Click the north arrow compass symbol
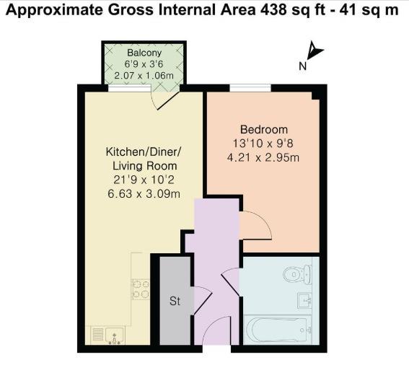[x=315, y=51]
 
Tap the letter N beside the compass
[x=303, y=66]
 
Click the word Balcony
[x=144, y=53]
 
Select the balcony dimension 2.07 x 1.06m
[x=144, y=74]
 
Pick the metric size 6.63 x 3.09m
[x=143, y=193]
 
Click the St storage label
[x=174, y=301]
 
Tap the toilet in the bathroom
[x=297, y=275]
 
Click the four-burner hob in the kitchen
[x=140, y=289]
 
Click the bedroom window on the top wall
[x=250, y=89]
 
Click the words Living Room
[x=144, y=166]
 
